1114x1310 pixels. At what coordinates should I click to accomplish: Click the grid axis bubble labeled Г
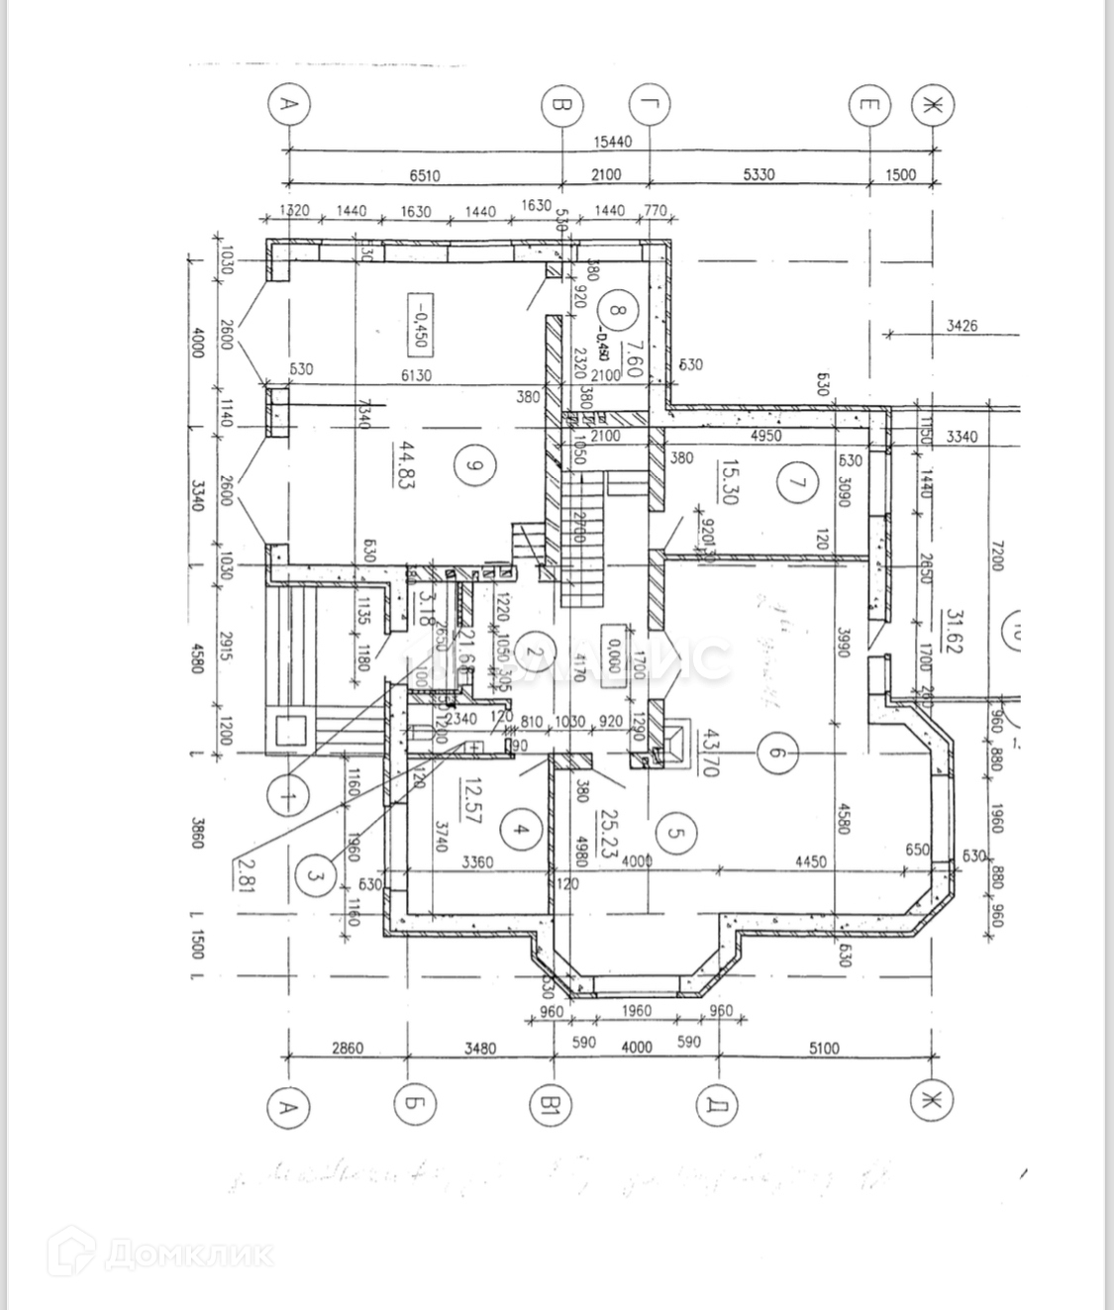click(651, 104)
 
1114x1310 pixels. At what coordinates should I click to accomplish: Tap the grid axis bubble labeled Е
click(869, 105)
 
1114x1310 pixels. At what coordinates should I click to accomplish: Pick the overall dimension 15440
click(612, 142)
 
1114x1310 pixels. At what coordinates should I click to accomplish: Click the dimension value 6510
click(424, 175)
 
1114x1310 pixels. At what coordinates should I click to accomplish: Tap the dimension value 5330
click(759, 175)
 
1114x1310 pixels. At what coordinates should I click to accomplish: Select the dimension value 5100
click(824, 1048)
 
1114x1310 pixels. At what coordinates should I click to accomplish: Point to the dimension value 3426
click(962, 325)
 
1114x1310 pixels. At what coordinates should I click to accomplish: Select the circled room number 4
click(521, 831)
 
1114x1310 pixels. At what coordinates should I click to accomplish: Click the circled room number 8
click(618, 310)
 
